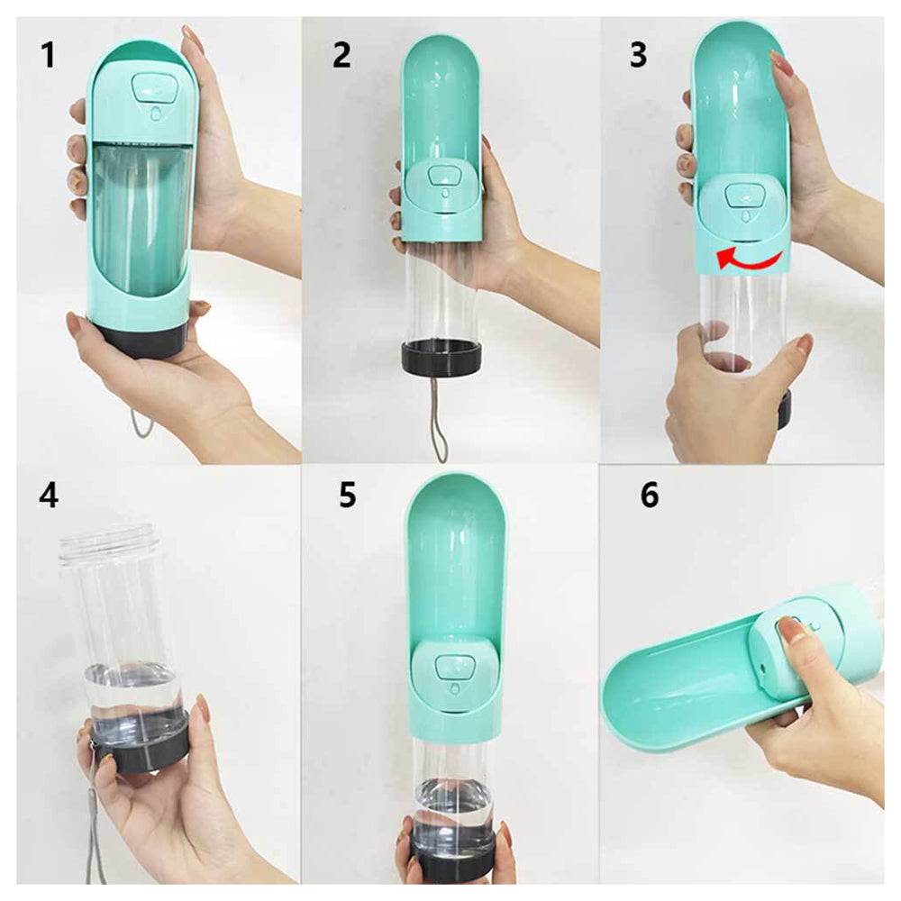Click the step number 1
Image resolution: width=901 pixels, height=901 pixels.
(x=47, y=55)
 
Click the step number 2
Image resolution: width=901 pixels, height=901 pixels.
(x=341, y=55)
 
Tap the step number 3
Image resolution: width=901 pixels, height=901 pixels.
(x=638, y=55)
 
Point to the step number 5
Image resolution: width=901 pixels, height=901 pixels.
(x=347, y=496)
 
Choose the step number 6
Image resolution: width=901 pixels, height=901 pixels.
(x=649, y=496)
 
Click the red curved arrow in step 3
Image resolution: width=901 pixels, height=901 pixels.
(x=750, y=260)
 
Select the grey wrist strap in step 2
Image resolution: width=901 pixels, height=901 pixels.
(x=439, y=423)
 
